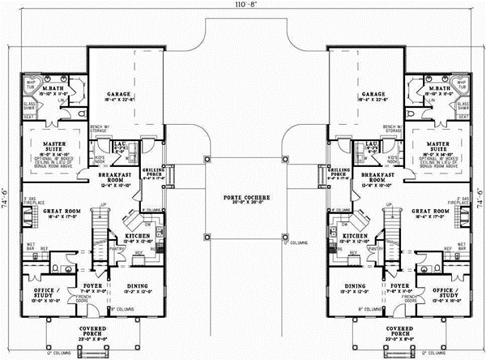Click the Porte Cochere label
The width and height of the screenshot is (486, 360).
(x=244, y=197)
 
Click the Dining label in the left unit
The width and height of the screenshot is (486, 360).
(x=138, y=286)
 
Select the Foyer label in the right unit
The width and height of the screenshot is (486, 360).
(x=394, y=286)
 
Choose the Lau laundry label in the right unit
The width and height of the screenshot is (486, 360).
(x=373, y=144)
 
